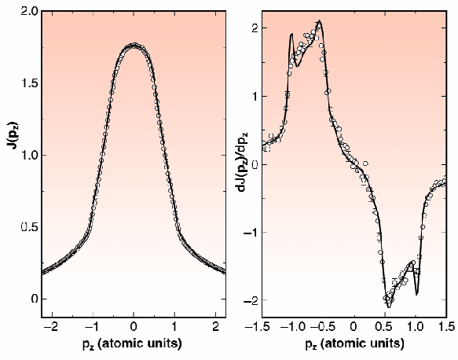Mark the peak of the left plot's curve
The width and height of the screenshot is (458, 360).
tap(134, 46)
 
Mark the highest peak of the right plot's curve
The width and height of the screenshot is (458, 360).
tap(319, 22)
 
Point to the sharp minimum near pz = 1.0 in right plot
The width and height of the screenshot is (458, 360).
tap(416, 294)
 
